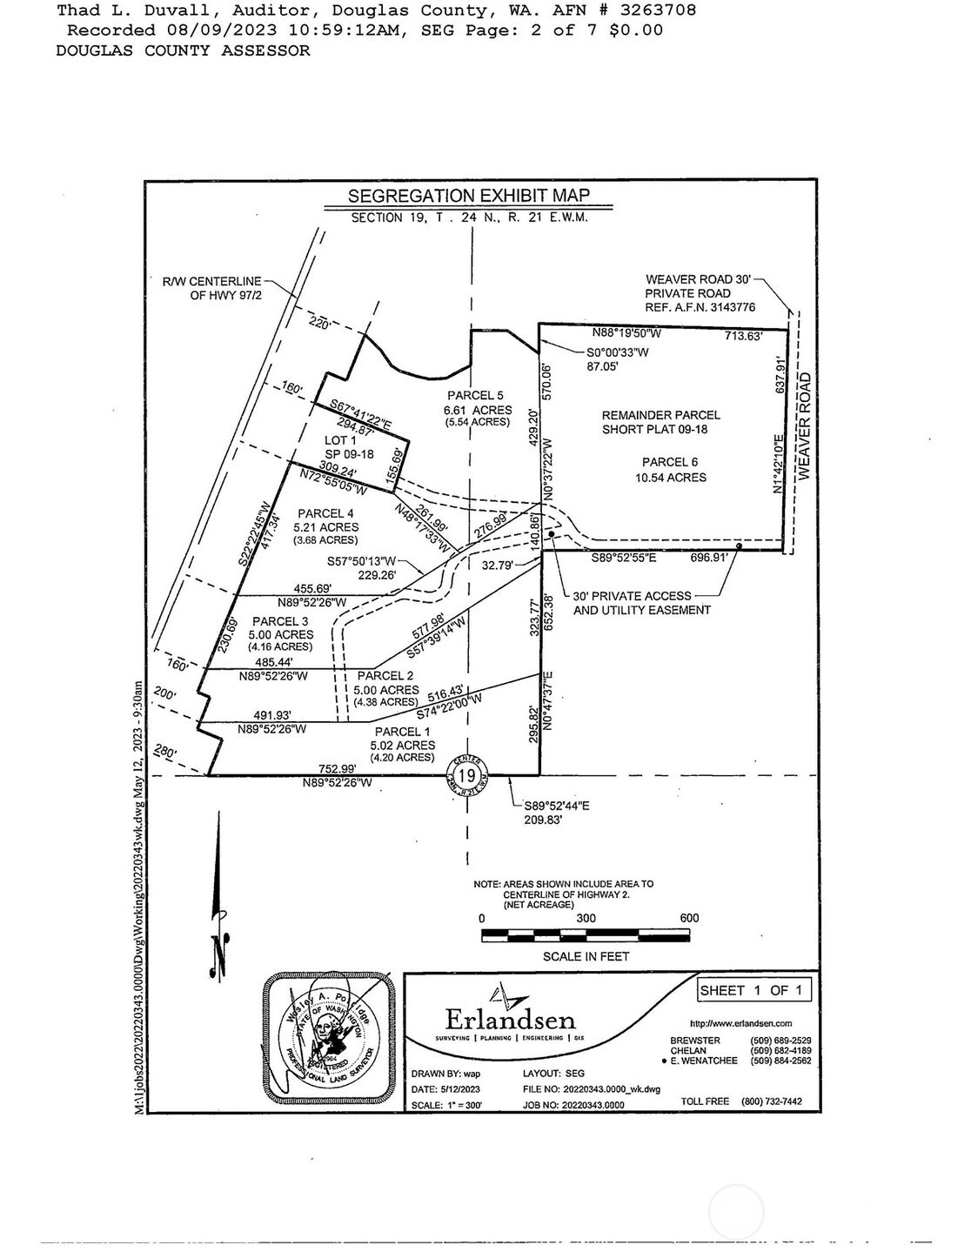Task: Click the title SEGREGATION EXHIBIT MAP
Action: tap(468, 196)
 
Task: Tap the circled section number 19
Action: tap(466, 774)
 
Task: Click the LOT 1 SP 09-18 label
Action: tap(342, 448)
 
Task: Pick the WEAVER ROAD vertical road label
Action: tap(805, 425)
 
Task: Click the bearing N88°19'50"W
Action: tap(627, 333)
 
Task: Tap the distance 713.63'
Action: tap(743, 336)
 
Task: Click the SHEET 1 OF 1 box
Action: tap(755, 990)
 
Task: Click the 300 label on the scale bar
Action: tap(586, 918)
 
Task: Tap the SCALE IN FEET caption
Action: tap(586, 956)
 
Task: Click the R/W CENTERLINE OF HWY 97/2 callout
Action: tap(211, 288)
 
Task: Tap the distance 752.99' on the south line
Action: tap(338, 768)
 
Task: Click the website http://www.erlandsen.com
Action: tap(740, 1023)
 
